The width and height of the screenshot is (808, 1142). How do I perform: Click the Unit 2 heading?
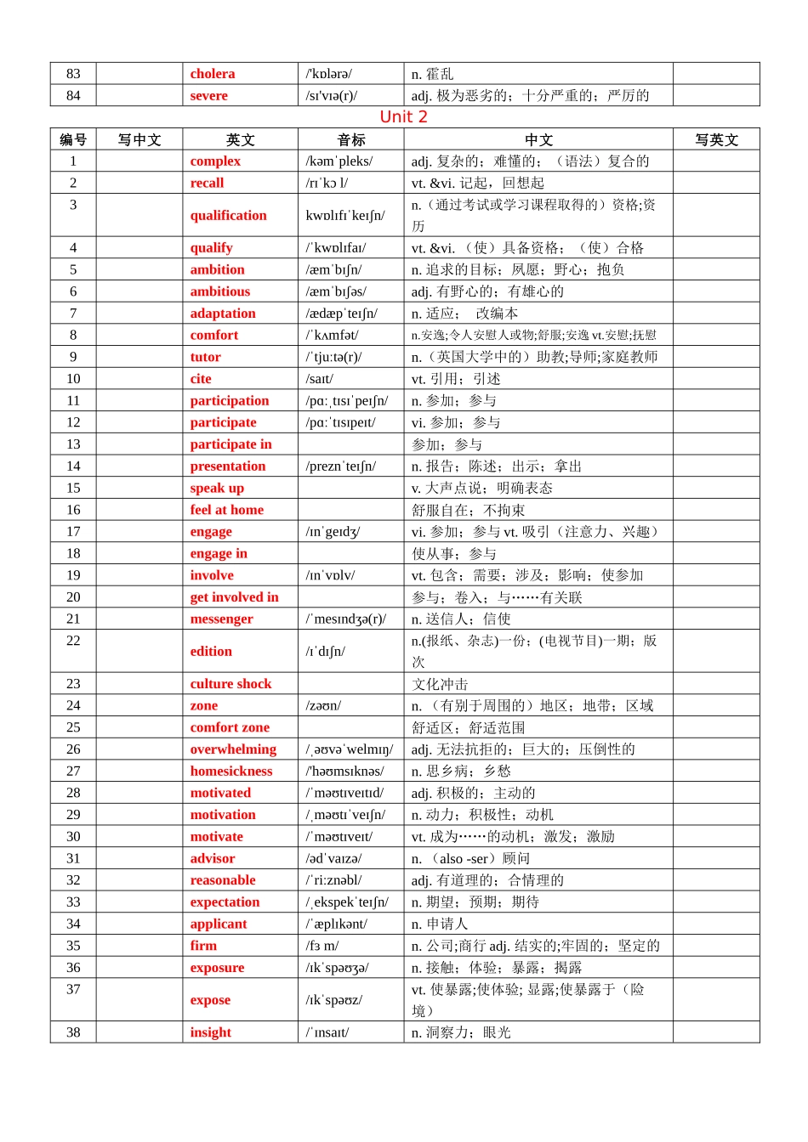pyautogui.click(x=403, y=117)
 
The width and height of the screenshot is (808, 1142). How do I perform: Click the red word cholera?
pyautogui.click(x=213, y=74)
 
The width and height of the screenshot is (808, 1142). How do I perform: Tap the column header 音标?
pyautogui.click(x=350, y=140)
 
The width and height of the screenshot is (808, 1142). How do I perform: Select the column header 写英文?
pyautogui.click(x=716, y=140)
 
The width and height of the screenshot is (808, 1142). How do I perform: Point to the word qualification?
pyautogui.click(x=228, y=216)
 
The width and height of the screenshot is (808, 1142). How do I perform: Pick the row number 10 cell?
pyautogui.click(x=73, y=379)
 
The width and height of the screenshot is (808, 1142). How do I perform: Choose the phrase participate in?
pyautogui.click(x=230, y=444)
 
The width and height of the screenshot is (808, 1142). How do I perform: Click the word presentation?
pyautogui.click(x=227, y=466)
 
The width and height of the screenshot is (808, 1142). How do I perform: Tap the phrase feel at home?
pyautogui.click(x=226, y=510)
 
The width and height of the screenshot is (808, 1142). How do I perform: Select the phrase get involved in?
pyautogui.click(x=234, y=597)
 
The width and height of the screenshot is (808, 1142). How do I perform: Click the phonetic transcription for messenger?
pyautogui.click(x=346, y=619)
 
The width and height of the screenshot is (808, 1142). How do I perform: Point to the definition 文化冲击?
pyautogui.click(x=440, y=684)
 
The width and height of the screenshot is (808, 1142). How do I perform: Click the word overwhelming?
pyautogui.click(x=233, y=749)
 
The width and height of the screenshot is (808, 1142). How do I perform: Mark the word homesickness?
pyautogui.click(x=231, y=772)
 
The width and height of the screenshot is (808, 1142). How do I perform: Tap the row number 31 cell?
pyautogui.click(x=73, y=859)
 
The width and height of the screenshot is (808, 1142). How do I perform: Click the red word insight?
pyautogui.click(x=210, y=1032)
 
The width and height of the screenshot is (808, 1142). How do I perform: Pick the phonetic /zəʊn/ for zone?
pyautogui.click(x=324, y=706)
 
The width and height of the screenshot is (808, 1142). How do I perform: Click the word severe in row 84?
pyautogui.click(x=208, y=96)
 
